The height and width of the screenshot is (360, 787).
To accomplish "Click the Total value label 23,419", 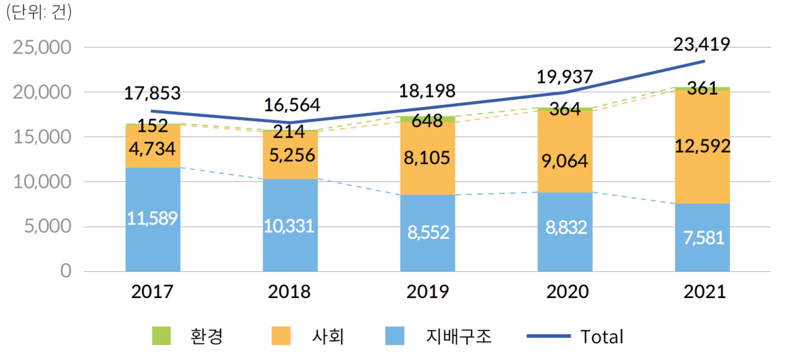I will tap(702, 45).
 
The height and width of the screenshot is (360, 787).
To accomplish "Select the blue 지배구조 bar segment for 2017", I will tap(153, 202).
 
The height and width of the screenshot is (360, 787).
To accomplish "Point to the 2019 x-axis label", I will tap(427, 292).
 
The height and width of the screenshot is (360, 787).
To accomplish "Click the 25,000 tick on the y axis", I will tap(42, 48).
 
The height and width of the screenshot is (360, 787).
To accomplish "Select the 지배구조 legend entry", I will tap(439, 336).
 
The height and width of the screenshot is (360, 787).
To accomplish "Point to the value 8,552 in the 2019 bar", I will tap(427, 232).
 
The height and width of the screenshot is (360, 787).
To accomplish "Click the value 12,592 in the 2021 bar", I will tap(703, 146).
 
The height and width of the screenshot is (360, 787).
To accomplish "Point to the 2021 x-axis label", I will tap(703, 292).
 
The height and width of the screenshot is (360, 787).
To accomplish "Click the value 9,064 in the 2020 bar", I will tap(564, 161).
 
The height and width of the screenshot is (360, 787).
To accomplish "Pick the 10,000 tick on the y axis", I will tap(42, 182).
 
